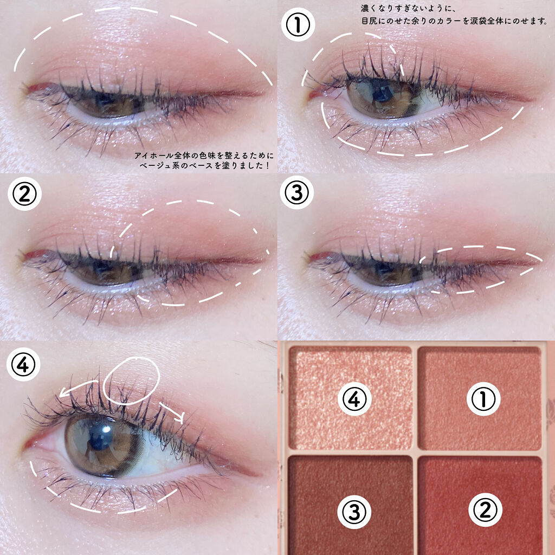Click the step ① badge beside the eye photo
pos(298,24)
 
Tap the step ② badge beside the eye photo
pos(24,193)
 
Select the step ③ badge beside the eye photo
pos(296,192)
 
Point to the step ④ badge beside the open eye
pos(23,364)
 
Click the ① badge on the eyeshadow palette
pos(483,399)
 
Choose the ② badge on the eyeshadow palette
pos(485,509)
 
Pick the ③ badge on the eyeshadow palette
pos(354,512)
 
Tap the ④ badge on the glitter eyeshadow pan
pos(354,399)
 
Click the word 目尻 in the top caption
pos(369,21)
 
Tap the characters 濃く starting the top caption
pos(369,8)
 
